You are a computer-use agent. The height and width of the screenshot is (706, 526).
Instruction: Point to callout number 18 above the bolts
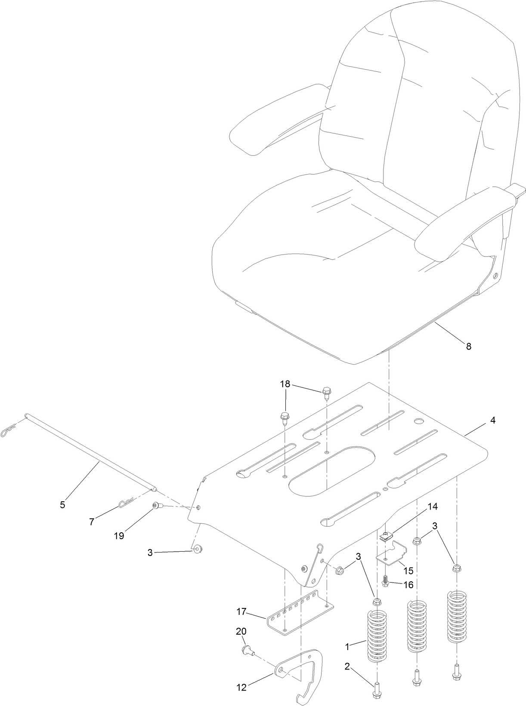pyautogui.click(x=285, y=384)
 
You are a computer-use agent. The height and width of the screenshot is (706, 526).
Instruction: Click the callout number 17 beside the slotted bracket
pyautogui.click(x=241, y=611)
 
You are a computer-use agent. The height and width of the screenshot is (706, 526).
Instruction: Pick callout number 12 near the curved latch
pyautogui.click(x=241, y=688)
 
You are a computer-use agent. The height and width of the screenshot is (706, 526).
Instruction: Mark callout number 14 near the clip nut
pyautogui.click(x=432, y=507)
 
